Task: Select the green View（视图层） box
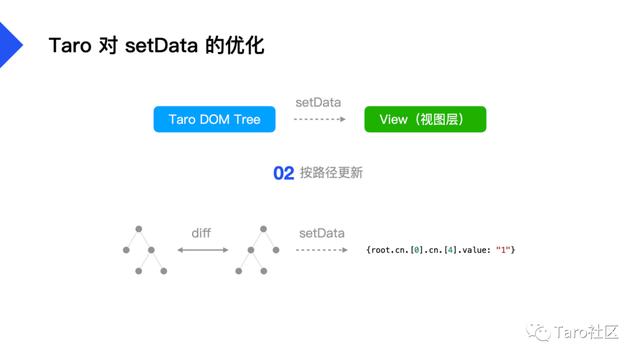425,120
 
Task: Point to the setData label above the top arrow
318,103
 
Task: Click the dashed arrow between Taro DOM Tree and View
319,120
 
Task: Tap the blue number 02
283,173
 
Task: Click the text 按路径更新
331,173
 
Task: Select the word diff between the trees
202,233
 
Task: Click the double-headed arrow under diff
202,250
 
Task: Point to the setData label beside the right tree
321,233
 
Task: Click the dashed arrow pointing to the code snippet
321,250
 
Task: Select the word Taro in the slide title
68,46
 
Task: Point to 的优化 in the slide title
235,46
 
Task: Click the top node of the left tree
139,229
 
